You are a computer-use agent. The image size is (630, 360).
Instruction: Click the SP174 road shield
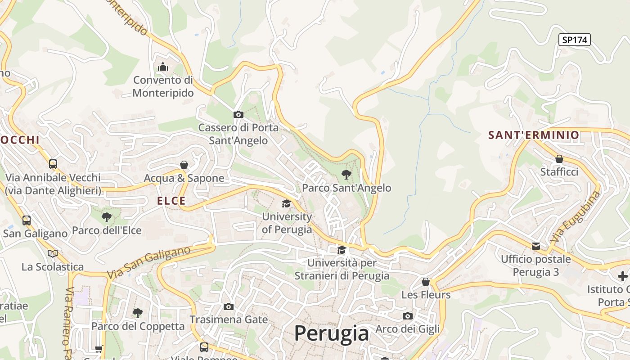575,40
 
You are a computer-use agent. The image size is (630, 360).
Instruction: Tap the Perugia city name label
332,333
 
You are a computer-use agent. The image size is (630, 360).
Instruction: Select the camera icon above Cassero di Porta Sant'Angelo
238,115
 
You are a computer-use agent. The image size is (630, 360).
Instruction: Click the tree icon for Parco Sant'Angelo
346,175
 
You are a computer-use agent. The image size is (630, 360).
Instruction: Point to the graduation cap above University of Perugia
286,204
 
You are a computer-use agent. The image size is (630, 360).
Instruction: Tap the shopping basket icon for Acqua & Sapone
184,165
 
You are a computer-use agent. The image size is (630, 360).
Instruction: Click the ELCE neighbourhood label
171,201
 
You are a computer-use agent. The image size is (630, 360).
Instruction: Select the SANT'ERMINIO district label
534,135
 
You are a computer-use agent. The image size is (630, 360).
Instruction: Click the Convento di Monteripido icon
163,67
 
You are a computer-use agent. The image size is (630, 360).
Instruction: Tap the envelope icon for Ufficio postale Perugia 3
536,246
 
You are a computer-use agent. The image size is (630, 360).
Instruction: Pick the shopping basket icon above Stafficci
559,159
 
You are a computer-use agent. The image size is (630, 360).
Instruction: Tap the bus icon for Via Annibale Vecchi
53,164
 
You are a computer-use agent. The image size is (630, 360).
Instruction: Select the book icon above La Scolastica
53,254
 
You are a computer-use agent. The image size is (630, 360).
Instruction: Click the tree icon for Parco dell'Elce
107,217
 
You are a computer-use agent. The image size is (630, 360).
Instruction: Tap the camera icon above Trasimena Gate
229,306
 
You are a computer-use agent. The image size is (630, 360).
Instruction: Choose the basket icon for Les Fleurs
426,282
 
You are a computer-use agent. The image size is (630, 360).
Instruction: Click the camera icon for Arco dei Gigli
408,316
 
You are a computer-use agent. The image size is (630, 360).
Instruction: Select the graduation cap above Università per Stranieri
342,250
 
